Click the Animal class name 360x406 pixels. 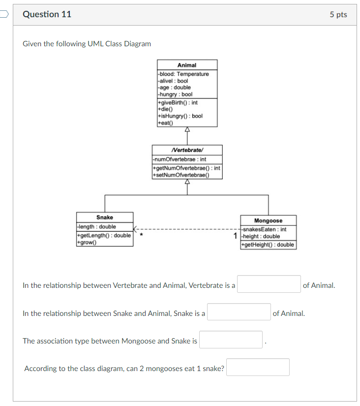(187, 65)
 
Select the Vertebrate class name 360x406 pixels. (187, 150)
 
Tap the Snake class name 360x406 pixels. (105, 217)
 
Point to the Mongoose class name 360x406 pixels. (268, 221)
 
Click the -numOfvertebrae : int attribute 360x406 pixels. (180, 159)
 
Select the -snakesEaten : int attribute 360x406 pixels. (264, 229)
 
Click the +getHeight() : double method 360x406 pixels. (268, 245)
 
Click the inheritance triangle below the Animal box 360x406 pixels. (187, 130)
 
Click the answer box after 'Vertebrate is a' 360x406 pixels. (269, 284)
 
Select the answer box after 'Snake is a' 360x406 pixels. (239, 312)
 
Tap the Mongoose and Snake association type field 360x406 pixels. (231, 340)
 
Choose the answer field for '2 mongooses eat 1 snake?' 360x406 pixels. (258, 367)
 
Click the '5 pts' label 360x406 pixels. (338, 15)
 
